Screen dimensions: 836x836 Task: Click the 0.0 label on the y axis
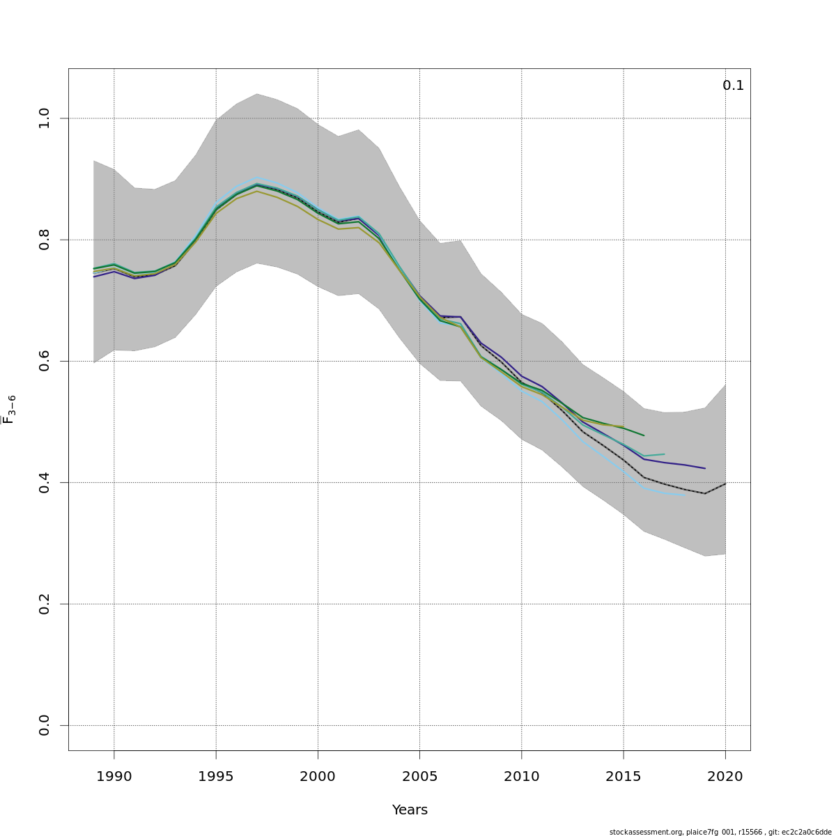(x=45, y=725)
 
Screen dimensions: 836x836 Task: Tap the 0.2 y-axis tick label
(x=45, y=604)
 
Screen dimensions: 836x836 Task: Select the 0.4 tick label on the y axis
(x=45, y=483)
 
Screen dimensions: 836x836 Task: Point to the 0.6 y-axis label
(x=45, y=361)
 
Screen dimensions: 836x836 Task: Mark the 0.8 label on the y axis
(x=45, y=240)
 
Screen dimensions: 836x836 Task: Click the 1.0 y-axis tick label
(x=45, y=118)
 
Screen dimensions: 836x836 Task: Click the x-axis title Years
(x=410, y=810)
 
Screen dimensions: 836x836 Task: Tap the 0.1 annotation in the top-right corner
(x=733, y=86)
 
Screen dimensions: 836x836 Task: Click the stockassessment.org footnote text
(x=720, y=832)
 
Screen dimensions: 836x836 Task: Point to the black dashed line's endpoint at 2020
(x=725, y=483)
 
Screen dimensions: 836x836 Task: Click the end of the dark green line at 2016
(x=644, y=435)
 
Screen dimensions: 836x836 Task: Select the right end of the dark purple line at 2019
(x=705, y=468)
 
